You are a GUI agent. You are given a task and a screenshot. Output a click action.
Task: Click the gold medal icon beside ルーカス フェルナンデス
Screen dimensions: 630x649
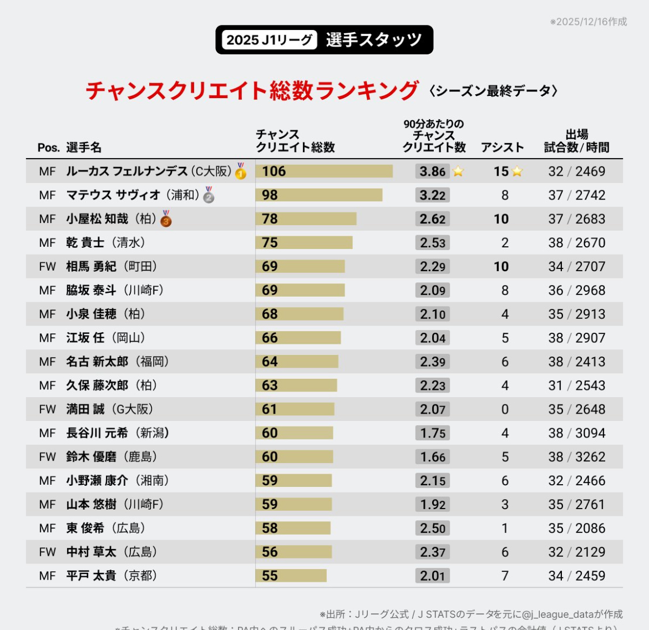241,171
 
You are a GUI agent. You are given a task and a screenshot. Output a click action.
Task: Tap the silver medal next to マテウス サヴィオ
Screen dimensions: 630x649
209,195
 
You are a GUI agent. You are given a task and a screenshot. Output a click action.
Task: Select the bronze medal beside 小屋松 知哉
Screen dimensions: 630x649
166,219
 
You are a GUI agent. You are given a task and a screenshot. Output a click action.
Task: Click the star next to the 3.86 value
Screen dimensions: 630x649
458,171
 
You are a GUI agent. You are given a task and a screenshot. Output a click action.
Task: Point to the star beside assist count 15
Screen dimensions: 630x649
518,171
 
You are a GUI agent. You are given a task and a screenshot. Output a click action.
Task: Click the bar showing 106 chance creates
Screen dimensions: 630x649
324,171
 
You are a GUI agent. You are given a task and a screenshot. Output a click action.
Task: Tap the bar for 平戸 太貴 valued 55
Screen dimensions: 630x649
291,576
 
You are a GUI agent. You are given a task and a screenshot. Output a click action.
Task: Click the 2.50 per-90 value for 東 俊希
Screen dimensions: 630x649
433,528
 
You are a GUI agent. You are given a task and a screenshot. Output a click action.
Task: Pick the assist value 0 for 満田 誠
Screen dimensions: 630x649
505,409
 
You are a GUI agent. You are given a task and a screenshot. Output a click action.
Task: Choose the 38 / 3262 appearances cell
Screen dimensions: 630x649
577,457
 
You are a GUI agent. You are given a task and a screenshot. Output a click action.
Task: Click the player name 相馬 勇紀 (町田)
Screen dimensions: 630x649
111,267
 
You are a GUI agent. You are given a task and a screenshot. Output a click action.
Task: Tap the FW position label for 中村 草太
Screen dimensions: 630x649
47,552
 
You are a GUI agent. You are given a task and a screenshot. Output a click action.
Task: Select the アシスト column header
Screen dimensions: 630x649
502,148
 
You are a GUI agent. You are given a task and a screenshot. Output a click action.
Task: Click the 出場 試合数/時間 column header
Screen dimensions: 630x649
577,141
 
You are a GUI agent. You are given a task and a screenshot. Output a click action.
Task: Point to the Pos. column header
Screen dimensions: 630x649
48,148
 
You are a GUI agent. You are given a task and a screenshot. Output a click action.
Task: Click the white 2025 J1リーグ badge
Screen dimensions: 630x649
270,40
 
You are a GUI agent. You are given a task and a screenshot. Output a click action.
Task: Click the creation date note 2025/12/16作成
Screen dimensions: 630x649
589,22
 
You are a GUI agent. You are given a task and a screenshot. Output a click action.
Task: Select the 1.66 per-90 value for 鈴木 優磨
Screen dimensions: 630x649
433,457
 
